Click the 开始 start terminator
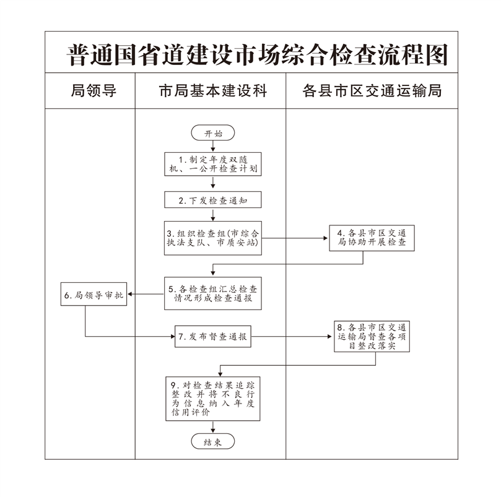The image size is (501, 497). click(x=213, y=133)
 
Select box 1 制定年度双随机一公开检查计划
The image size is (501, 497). click(x=213, y=164)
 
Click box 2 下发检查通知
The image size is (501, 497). click(x=213, y=200)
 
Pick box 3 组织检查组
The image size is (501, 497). click(x=213, y=237)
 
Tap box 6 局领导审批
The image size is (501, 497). click(x=94, y=295)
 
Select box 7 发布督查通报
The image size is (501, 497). click(x=213, y=337)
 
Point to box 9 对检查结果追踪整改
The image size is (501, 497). click(x=213, y=398)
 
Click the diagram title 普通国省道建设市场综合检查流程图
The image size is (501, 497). click(x=256, y=55)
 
